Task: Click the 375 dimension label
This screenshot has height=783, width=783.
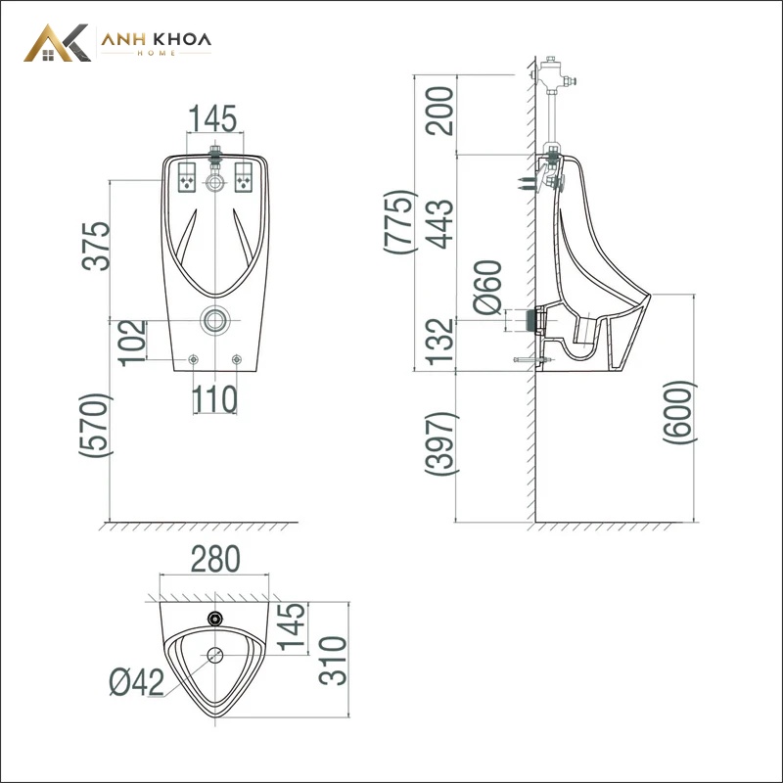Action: click(x=96, y=247)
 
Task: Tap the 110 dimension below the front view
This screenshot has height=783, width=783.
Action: click(x=214, y=398)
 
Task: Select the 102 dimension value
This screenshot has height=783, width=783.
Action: click(x=132, y=344)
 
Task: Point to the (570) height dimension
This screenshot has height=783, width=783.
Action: click(x=96, y=425)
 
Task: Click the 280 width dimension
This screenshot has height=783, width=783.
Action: click(x=215, y=559)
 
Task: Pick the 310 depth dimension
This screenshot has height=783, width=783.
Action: click(x=333, y=660)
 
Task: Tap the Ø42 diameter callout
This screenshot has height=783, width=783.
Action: click(x=137, y=682)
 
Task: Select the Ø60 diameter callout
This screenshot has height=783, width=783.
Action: click(x=487, y=287)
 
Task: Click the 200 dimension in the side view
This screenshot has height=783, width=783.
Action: click(x=439, y=111)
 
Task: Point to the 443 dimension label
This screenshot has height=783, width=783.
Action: click(x=439, y=224)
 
